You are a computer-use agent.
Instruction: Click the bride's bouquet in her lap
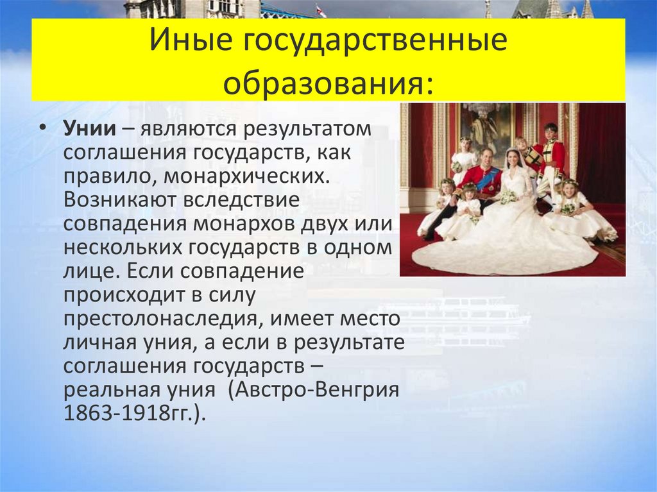pos(508,197)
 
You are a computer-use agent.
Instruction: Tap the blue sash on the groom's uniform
pos(486,180)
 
